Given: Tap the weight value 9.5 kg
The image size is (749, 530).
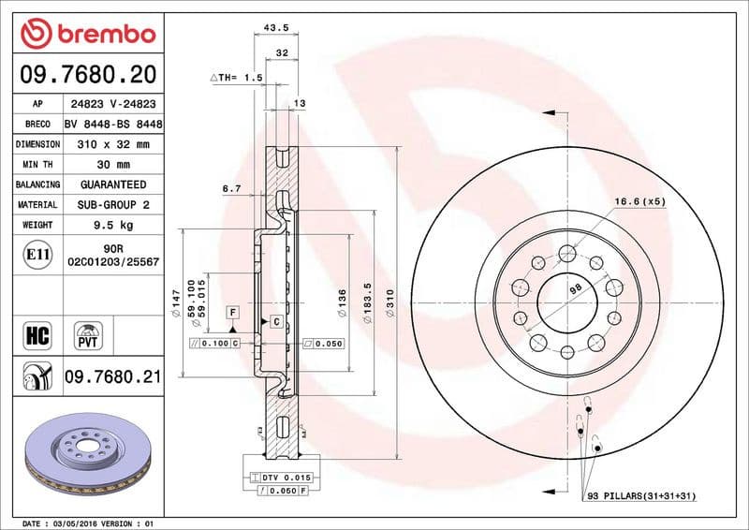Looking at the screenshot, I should pyautogui.click(x=113, y=225).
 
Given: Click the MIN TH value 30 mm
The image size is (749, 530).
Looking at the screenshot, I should pyautogui.click(x=113, y=165).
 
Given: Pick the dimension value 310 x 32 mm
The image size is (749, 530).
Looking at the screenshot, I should pyautogui.click(x=113, y=144).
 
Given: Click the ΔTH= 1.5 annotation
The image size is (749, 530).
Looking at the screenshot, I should pyautogui.click(x=236, y=79).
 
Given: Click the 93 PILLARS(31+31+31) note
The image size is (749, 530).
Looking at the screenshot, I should pyautogui.click(x=641, y=494).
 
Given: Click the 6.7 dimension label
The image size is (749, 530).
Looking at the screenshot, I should pyautogui.click(x=232, y=189).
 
